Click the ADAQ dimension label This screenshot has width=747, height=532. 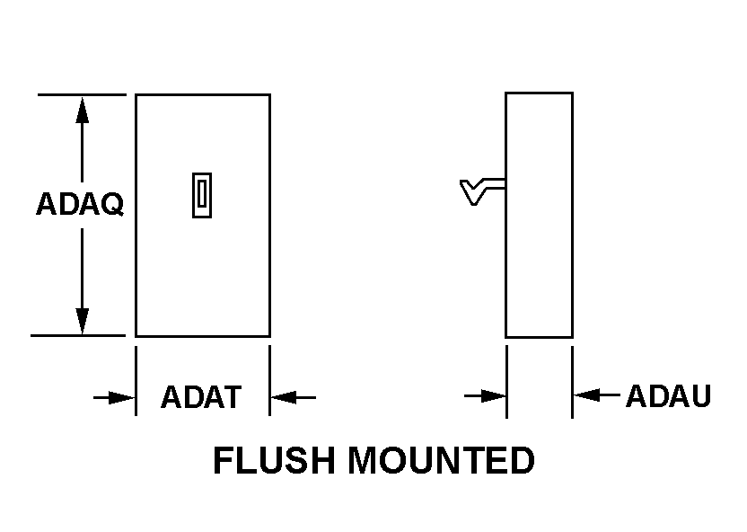click(79, 204)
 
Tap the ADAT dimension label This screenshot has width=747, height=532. click(201, 396)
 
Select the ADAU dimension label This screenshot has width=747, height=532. click(668, 395)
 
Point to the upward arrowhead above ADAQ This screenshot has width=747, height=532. click(83, 109)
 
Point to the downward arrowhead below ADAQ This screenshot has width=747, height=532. click(83, 321)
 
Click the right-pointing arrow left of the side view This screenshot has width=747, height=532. click(486, 395)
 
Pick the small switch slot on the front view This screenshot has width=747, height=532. click(202, 196)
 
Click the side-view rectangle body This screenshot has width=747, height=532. click(539, 252)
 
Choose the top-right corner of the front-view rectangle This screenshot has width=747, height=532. click(269, 94)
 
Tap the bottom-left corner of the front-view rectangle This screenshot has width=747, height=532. click(136, 336)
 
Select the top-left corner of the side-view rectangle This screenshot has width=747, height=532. click(506, 93)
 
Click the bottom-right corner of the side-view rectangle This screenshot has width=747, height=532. click(572, 337)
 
